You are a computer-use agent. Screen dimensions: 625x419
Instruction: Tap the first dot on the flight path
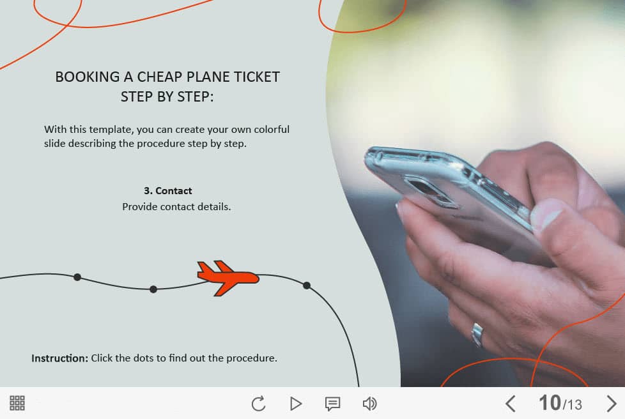coord(77,277)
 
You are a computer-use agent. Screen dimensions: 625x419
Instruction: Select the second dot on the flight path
coord(153,289)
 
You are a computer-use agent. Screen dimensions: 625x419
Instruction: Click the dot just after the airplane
coord(307,285)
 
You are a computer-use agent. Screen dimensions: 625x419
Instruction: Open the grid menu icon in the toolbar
coord(17,403)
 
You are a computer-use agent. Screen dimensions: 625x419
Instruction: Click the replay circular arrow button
coord(258,404)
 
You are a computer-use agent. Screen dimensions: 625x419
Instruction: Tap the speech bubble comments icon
coord(332,404)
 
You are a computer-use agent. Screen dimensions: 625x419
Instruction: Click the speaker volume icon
coord(369,404)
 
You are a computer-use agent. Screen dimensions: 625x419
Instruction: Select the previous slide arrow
coord(510,404)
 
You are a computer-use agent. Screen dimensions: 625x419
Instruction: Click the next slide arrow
coord(612,404)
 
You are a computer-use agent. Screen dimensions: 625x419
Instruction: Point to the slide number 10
coord(550,402)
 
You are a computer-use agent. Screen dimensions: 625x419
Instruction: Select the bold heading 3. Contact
coord(168,191)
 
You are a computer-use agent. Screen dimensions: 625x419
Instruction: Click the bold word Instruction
coord(59,358)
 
